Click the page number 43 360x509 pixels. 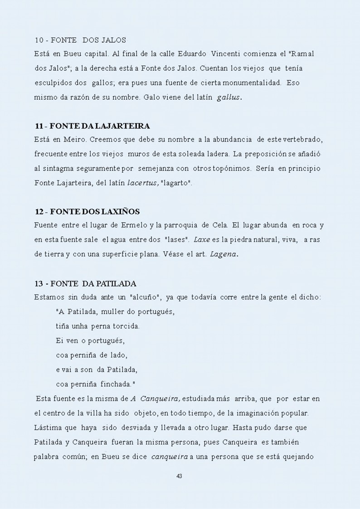(x=179, y=476)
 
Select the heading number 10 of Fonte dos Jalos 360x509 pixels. (x=39, y=40)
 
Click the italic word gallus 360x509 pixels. (x=229, y=97)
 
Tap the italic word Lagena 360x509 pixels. (x=224, y=254)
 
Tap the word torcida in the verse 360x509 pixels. (x=126, y=326)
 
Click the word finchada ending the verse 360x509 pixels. (x=117, y=384)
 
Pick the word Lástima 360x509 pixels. (x=47, y=427)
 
